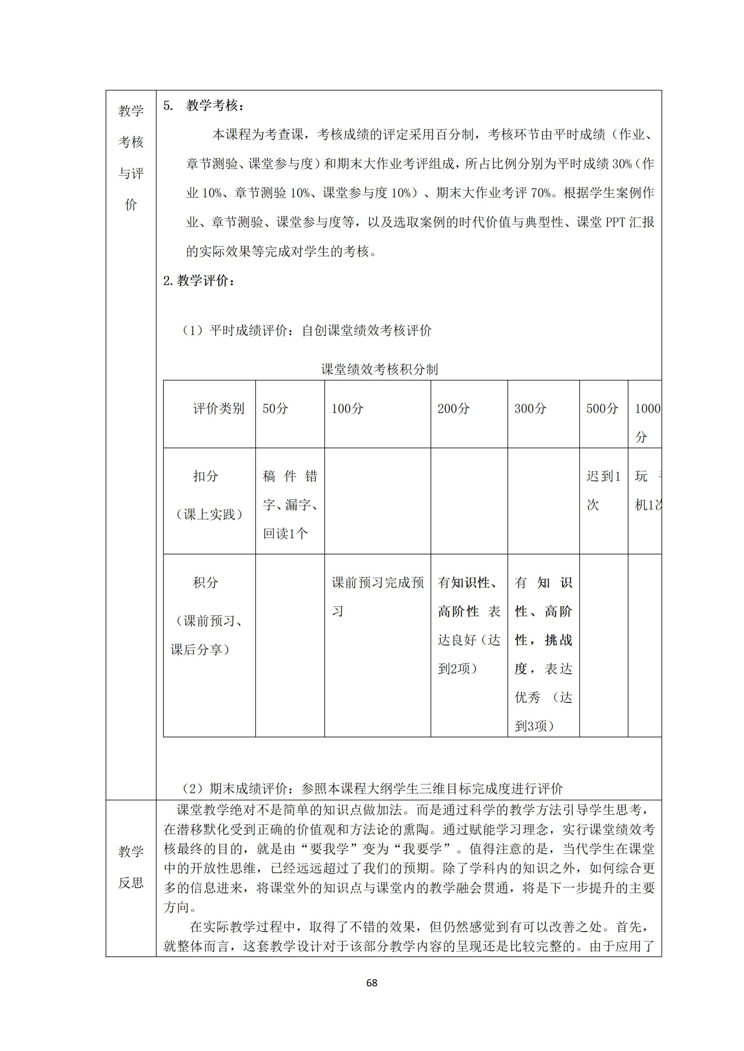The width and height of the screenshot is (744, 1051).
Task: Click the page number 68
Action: click(x=372, y=982)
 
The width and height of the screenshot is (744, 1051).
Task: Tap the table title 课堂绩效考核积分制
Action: click(x=379, y=369)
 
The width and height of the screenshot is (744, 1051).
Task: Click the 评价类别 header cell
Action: click(x=219, y=408)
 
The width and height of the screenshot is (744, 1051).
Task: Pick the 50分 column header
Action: click(x=275, y=408)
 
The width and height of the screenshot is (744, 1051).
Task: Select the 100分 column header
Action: click(x=347, y=408)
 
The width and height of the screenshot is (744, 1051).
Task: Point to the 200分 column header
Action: click(x=453, y=408)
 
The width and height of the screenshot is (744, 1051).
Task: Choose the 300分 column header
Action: click(x=530, y=408)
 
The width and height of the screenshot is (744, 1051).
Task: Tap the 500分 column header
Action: click(x=602, y=408)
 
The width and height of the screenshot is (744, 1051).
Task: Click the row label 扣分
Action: click(x=205, y=476)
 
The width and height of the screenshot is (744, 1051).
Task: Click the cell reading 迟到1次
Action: click(x=603, y=490)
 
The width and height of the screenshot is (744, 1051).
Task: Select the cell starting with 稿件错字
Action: click(x=290, y=504)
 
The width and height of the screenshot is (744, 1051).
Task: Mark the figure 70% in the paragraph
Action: click(x=541, y=193)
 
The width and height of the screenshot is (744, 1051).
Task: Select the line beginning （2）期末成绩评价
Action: click(x=372, y=788)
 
